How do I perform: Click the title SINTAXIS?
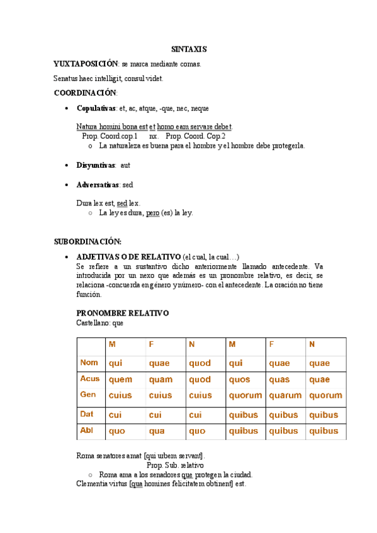point(189,49)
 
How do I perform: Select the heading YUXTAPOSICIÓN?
point(86,63)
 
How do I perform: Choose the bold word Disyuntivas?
point(95,165)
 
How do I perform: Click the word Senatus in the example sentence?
point(66,79)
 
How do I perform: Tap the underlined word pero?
point(152,213)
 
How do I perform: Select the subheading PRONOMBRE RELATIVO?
point(122,313)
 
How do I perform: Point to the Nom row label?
point(89,363)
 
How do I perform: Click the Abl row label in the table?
point(87,431)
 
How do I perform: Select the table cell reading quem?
point(120,380)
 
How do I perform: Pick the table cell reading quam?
point(160,380)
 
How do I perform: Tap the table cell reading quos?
point(239,380)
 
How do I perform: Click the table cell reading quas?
point(279,380)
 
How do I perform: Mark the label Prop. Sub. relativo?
point(175,465)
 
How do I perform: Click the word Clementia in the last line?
point(93,484)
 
